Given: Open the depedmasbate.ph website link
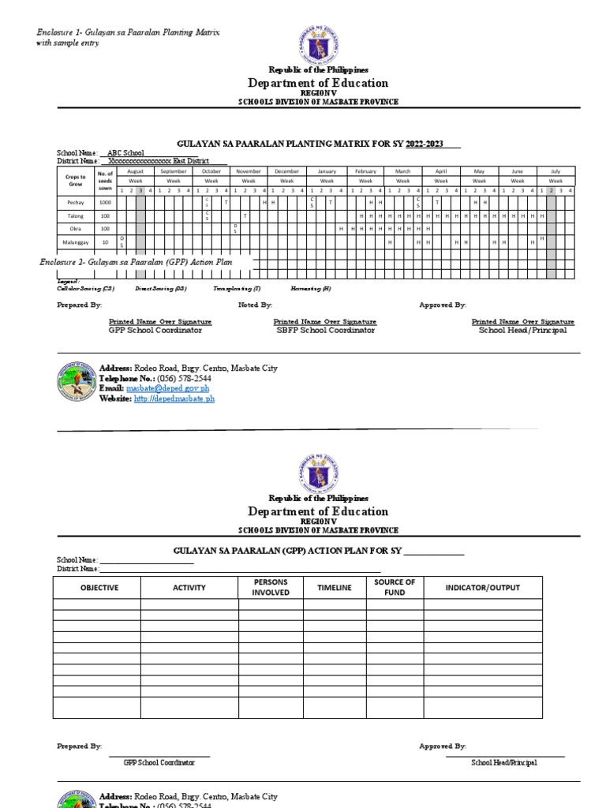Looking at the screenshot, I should click(174, 399).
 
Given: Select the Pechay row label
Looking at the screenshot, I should click(76, 203).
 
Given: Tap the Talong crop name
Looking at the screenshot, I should click(76, 215).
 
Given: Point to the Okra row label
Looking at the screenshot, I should click(76, 229).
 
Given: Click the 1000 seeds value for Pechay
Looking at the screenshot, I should click(105, 203).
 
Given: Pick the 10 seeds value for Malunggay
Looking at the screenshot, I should click(105, 242).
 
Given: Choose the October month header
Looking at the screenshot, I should click(211, 171).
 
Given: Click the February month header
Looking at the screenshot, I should click(365, 171).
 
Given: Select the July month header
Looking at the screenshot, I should click(555, 171).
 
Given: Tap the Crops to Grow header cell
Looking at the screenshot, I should click(76, 181).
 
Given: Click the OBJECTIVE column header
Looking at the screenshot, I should click(99, 588).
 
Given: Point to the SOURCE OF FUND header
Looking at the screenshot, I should click(395, 587).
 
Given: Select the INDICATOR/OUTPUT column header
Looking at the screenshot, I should click(482, 588).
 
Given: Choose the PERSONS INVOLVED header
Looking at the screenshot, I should click(270, 587).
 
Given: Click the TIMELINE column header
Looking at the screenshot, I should click(334, 588).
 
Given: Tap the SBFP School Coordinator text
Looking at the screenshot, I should click(324, 331).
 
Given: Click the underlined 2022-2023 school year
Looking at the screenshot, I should click(425, 143).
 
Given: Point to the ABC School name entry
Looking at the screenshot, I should click(125, 152).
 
